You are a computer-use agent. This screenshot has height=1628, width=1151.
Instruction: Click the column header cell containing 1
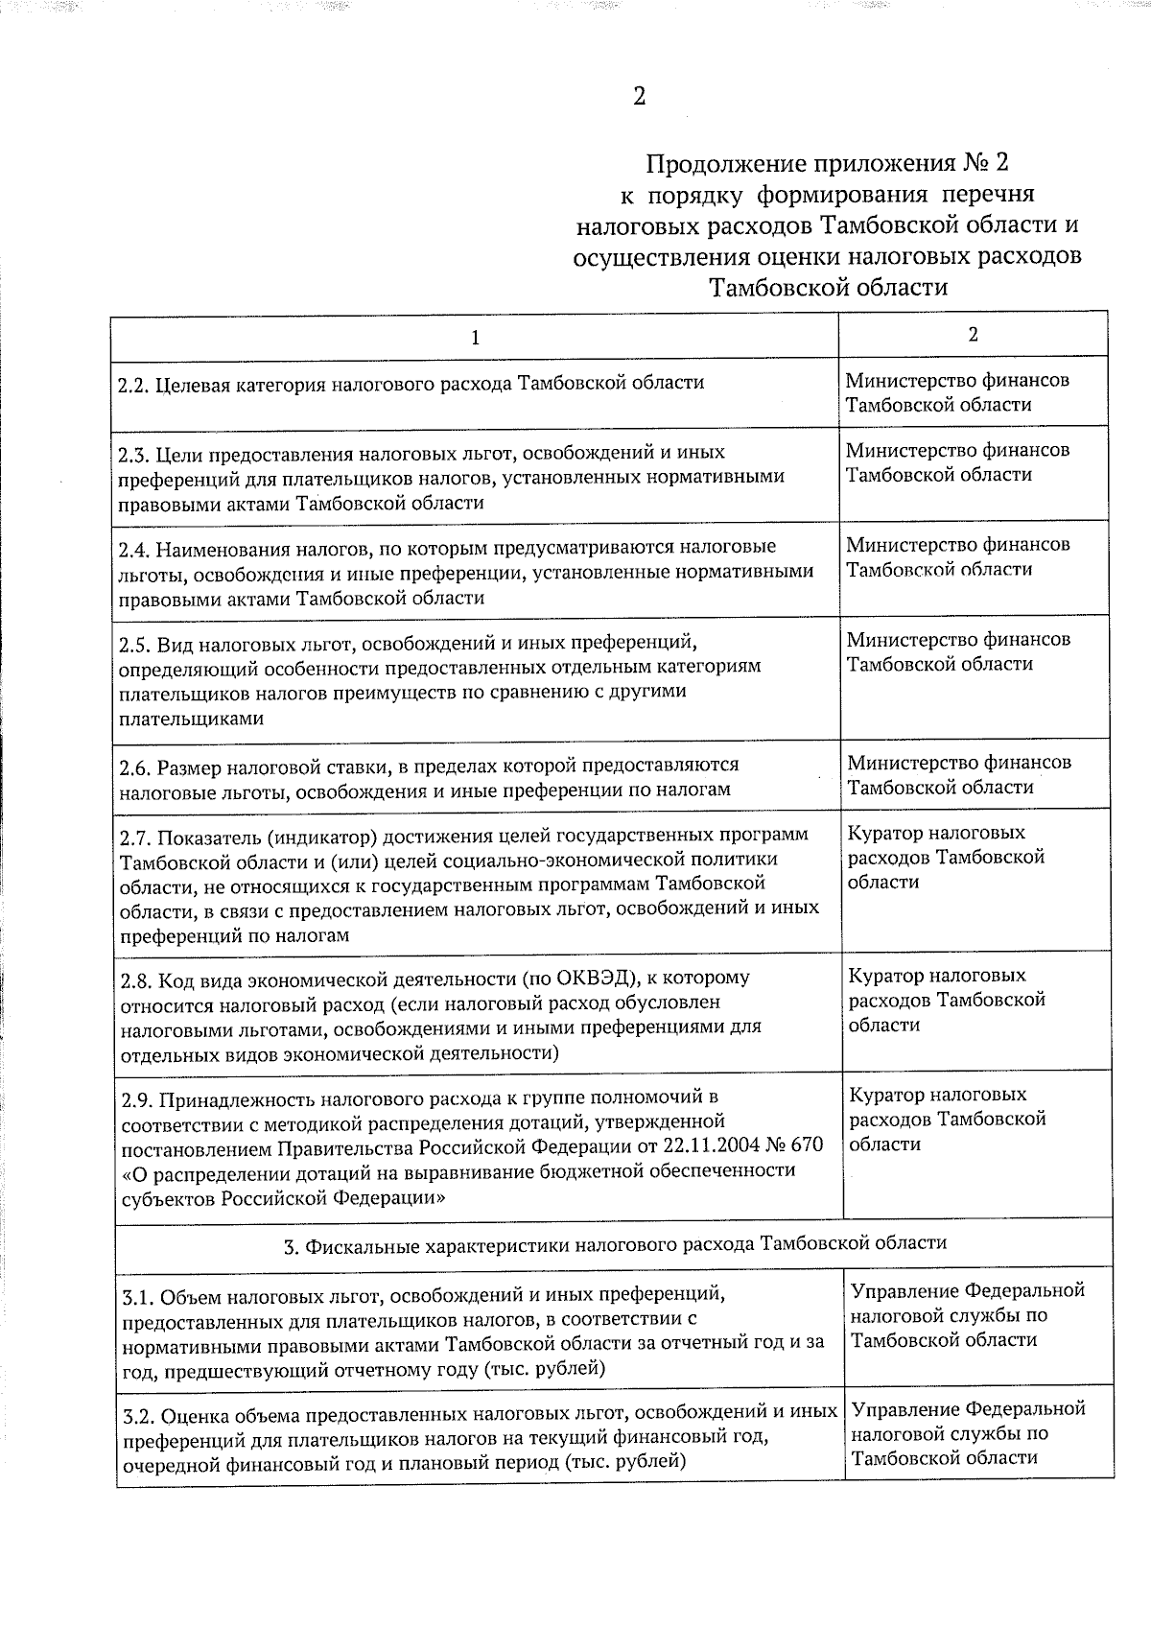(x=475, y=338)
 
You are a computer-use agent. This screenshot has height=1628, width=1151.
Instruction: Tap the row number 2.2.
(x=133, y=384)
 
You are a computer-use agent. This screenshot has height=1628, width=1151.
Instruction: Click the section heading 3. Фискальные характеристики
(x=614, y=1243)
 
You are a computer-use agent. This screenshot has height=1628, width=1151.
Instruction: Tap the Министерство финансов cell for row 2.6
(x=958, y=775)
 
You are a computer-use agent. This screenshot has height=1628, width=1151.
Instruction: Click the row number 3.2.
(x=139, y=1415)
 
